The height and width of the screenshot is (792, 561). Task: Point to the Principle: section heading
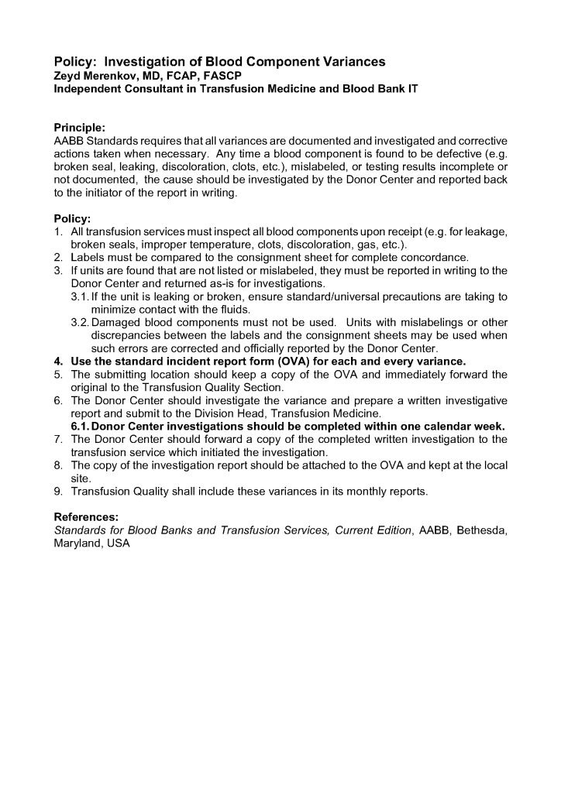point(79,127)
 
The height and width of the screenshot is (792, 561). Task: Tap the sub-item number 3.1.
point(80,297)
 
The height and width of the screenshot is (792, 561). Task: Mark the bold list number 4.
point(58,362)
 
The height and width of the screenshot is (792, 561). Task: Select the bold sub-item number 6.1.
point(80,426)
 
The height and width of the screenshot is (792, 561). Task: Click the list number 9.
point(58,492)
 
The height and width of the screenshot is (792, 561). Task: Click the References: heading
point(85,516)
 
